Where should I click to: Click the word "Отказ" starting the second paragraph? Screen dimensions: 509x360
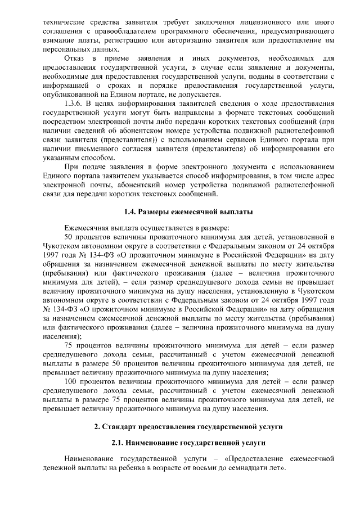(76, 58)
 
